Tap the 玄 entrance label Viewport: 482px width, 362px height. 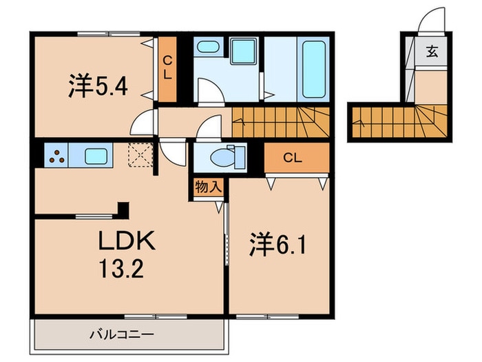pos(432,52)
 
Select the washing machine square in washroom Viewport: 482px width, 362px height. pos(242,53)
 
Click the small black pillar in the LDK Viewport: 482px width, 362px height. pos(123,208)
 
